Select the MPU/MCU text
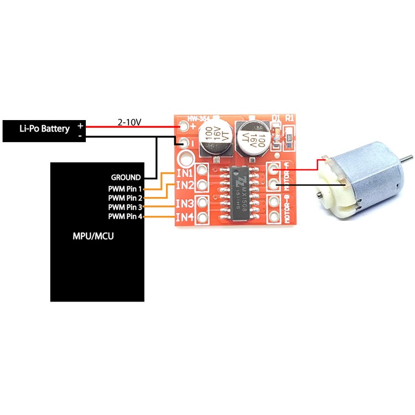coord(97,236)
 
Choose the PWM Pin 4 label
coord(125,216)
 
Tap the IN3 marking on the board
coord(184,204)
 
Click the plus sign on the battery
coord(80,126)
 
